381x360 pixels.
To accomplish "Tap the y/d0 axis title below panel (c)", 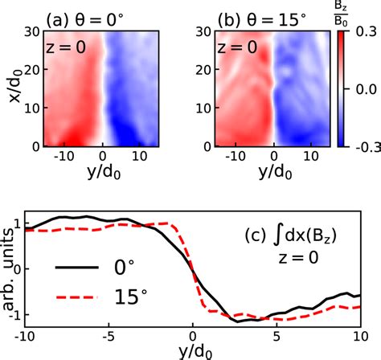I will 191,350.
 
